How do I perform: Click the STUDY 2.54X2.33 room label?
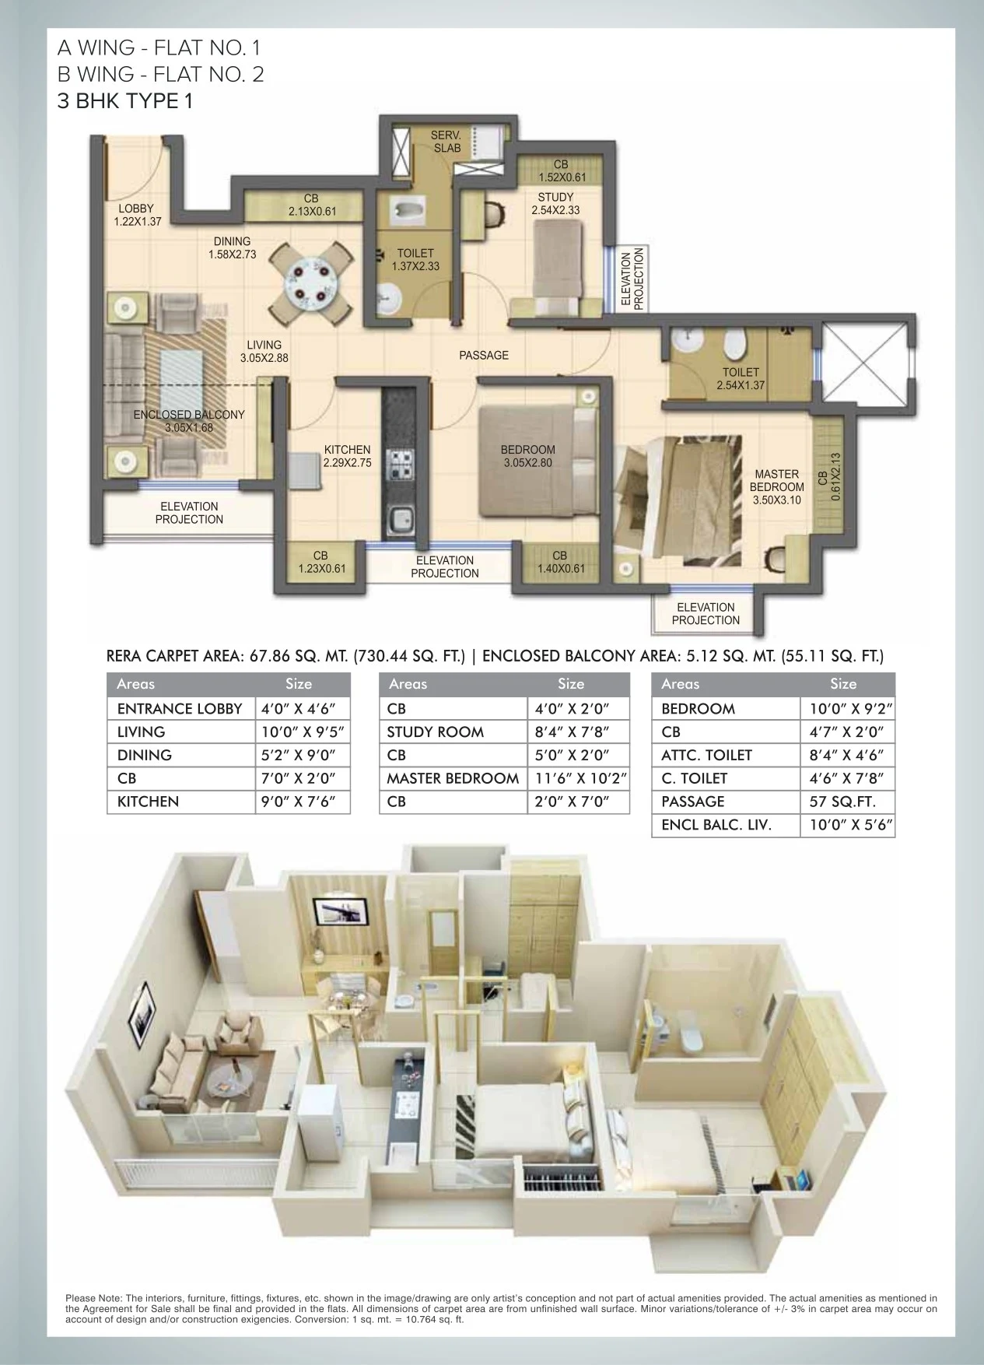pos(555,203)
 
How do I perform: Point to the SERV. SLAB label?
pos(446,142)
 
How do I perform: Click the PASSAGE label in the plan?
pos(483,356)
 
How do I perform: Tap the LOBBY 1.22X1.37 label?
pos(136,215)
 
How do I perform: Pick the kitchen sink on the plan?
pos(401,519)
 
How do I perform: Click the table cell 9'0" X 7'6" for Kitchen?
pos(303,802)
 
